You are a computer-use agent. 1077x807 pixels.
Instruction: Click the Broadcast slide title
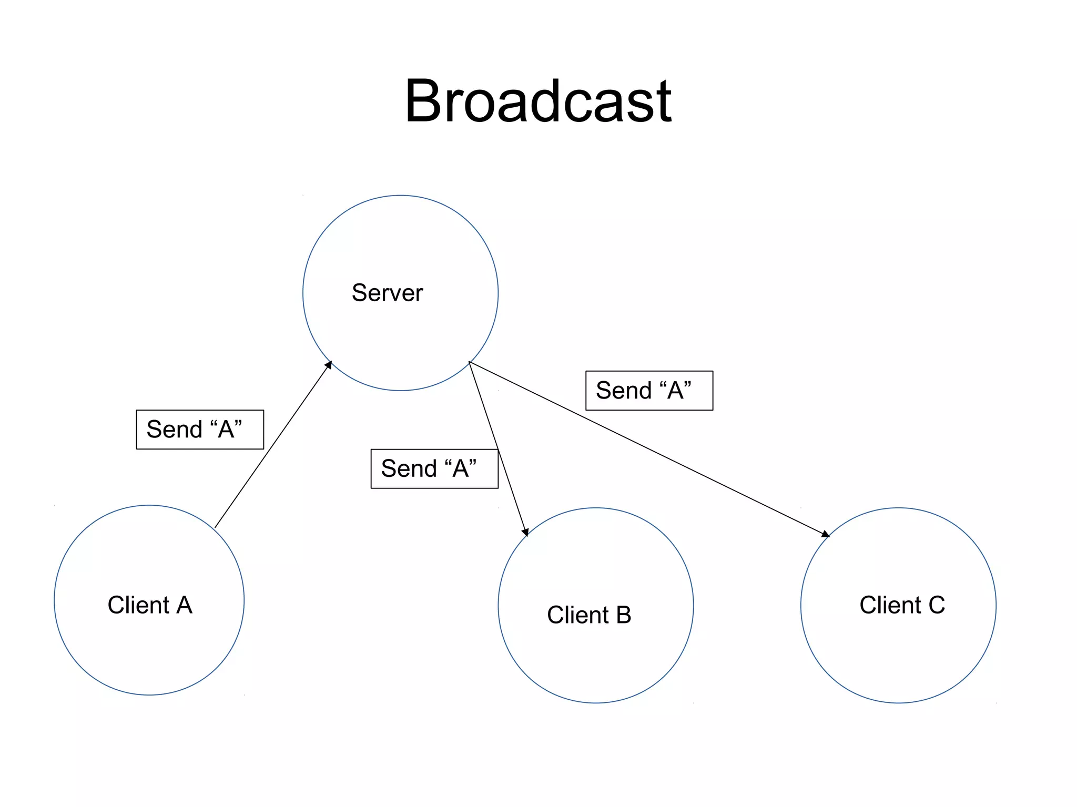pos(538,101)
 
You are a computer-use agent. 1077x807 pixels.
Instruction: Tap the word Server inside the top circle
pos(387,293)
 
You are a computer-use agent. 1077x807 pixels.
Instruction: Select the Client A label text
pos(150,605)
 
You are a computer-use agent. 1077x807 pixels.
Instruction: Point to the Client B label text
pos(589,615)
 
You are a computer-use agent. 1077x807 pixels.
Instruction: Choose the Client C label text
pos(902,605)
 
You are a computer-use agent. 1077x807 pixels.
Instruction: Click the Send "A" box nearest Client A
pos(200,430)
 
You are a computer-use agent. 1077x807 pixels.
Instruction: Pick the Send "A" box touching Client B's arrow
pos(434,468)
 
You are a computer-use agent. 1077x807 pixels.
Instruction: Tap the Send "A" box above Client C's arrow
pos(649,391)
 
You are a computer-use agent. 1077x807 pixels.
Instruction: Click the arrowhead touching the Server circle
pos(329,364)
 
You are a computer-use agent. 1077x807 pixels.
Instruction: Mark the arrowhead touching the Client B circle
pos(525,533)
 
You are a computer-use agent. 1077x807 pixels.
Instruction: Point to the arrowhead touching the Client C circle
pos(826,534)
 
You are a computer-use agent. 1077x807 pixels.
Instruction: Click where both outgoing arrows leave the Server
pos(469,362)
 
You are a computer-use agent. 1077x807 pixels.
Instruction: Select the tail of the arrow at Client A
pos(216,527)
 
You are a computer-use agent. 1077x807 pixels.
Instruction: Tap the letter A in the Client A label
pos(184,605)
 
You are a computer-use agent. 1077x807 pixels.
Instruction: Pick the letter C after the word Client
pos(937,605)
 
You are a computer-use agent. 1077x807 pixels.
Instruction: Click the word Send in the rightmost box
pos(624,391)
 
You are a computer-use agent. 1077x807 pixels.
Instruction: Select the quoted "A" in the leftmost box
pos(226,429)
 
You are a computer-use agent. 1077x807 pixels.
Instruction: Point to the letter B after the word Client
pos(624,615)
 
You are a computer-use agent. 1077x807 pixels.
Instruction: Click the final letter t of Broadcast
pos(664,103)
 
